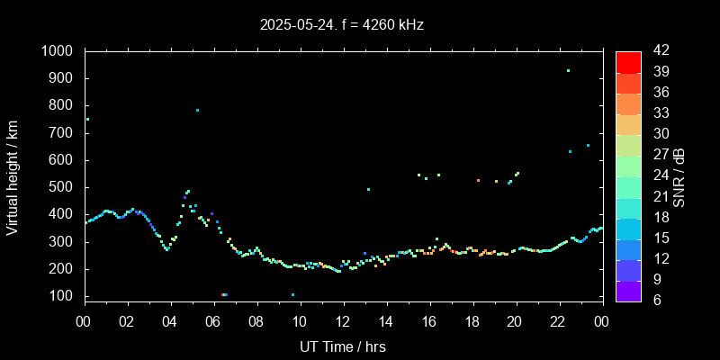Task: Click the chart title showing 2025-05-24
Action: point(341,25)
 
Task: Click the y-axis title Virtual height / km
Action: point(13,177)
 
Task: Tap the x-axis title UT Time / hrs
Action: point(343,346)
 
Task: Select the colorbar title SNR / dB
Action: point(679,175)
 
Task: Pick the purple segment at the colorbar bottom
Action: point(628,290)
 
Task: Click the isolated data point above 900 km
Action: point(568,70)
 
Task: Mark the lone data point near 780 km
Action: point(197,110)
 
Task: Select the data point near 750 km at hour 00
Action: point(87,119)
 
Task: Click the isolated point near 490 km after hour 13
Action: point(368,189)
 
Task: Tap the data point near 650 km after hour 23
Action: point(588,145)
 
